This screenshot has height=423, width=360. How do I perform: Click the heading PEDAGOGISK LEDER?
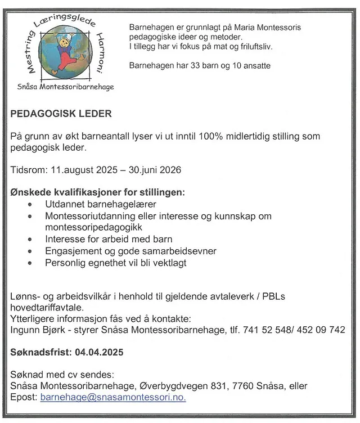[61, 114]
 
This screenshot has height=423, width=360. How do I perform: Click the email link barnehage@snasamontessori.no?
[113, 397]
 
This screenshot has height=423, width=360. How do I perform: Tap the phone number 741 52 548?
[265, 330]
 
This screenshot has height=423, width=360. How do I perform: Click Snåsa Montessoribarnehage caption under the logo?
[65, 88]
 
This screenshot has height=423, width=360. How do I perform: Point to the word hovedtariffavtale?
[47, 308]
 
